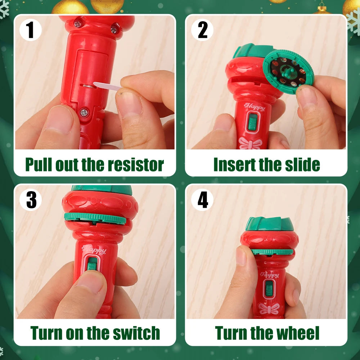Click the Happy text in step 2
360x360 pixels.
pos(255,107)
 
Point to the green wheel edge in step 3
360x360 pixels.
pos(95,218)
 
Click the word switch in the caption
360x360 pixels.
pos(135,333)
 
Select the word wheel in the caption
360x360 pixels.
pos(295,333)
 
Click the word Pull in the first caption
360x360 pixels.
pos(39,165)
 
